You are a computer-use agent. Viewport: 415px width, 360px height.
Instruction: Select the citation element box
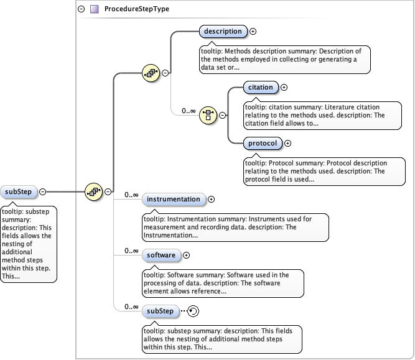point(260,88)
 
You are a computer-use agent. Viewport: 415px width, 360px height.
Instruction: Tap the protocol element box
point(261,143)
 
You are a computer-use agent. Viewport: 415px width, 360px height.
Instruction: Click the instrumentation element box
point(174,200)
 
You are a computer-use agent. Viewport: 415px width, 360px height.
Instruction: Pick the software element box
point(161,255)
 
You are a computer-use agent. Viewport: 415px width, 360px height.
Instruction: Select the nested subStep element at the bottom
point(161,310)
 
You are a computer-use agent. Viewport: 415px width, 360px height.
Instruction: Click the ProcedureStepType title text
point(136,9)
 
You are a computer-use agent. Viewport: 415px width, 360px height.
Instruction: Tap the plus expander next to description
point(253,31)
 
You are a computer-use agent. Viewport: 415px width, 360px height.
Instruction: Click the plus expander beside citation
point(284,88)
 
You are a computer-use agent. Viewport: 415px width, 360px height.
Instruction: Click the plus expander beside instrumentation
point(211,200)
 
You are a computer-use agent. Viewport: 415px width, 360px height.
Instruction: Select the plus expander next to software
point(186,255)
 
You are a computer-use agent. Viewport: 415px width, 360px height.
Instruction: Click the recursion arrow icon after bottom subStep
point(194,311)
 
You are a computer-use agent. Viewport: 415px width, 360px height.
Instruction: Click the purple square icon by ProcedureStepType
point(94,9)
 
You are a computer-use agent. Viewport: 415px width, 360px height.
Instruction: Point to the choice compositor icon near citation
point(207,115)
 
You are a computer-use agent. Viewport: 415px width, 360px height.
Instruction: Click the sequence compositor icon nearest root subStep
point(93,192)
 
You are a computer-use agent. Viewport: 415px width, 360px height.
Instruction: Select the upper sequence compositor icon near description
point(151,73)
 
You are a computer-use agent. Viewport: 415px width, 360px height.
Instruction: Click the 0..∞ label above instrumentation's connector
point(131,195)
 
